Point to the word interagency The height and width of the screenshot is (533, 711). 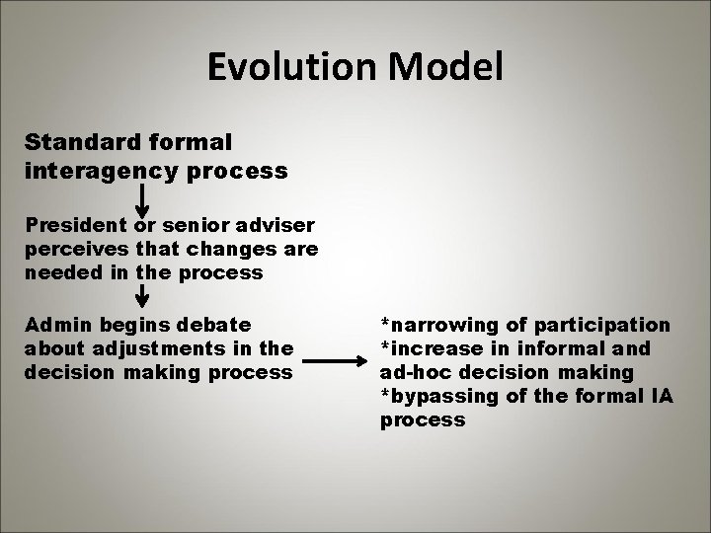tap(95, 171)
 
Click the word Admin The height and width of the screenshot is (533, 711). tap(55, 324)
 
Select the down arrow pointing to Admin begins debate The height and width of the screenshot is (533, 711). tap(142, 295)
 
